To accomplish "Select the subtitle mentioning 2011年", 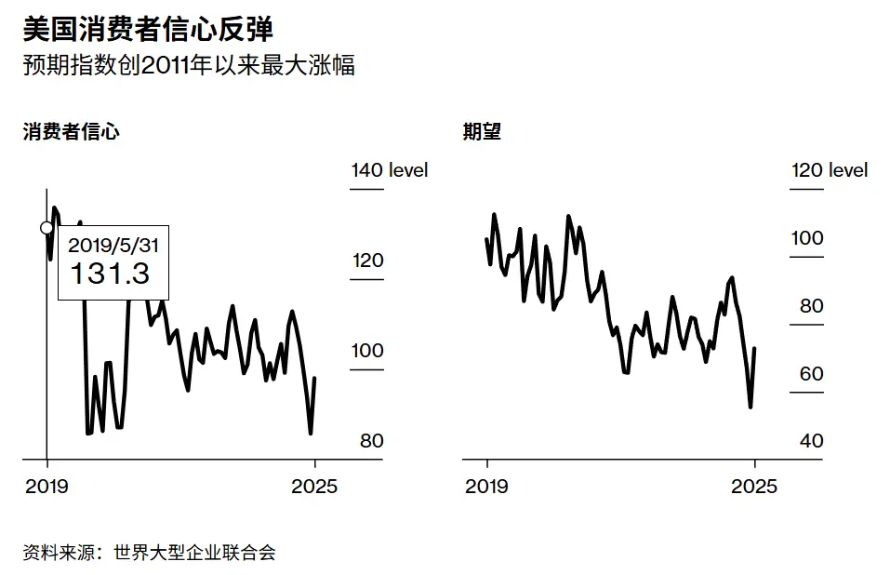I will click(x=189, y=66).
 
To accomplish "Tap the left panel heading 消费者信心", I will click(x=72, y=131).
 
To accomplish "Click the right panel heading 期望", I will click(x=482, y=131).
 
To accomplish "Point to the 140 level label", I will click(x=389, y=170).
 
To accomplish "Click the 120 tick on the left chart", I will click(x=367, y=261).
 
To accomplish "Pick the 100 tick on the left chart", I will click(x=367, y=351).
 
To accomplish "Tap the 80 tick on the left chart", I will click(x=371, y=441).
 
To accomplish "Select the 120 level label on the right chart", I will click(x=829, y=170).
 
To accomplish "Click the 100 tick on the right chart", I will click(x=807, y=238).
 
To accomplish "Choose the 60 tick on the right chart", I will click(x=811, y=374).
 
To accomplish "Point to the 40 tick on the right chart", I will click(x=811, y=441).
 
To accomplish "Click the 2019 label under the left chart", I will click(x=46, y=486).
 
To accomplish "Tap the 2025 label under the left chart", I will click(x=315, y=486).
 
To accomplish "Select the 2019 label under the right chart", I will click(x=486, y=486).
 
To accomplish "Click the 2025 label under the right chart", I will click(x=755, y=486).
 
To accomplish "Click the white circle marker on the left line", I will click(x=46, y=228).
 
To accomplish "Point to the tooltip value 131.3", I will click(x=111, y=274).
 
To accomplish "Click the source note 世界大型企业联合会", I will click(x=194, y=553).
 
